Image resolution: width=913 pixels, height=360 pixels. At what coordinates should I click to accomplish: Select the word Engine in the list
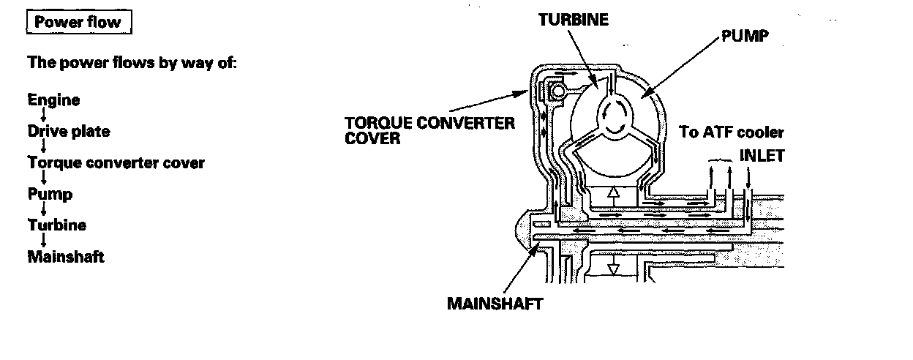(53, 100)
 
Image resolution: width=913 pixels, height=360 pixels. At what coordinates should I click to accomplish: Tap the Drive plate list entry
(69, 132)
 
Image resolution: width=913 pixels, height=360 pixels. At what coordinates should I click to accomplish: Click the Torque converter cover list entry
(116, 162)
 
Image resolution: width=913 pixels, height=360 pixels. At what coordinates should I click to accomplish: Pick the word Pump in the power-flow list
(50, 194)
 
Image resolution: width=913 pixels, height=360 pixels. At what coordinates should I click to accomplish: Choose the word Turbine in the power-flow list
(56, 225)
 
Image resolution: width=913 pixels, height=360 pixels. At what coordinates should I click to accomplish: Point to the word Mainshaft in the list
(66, 257)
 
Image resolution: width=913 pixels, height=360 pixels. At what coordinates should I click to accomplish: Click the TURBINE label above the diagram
(573, 20)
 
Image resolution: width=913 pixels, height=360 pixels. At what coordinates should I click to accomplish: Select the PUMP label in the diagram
(745, 35)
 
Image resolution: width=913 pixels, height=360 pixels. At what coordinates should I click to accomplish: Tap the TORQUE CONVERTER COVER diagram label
(429, 130)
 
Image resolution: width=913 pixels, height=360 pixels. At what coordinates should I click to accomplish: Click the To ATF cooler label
(732, 132)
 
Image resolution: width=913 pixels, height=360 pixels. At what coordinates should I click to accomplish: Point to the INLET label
(762, 155)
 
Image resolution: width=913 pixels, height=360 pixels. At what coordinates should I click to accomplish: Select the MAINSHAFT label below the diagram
(495, 303)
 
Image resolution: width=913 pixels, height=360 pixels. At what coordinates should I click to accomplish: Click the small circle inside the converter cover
(559, 91)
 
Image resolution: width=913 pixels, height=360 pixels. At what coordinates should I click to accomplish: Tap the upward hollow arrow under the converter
(613, 195)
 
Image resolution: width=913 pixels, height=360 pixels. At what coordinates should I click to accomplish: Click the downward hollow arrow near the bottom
(613, 268)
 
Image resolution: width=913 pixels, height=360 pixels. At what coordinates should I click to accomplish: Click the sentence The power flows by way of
(132, 62)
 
